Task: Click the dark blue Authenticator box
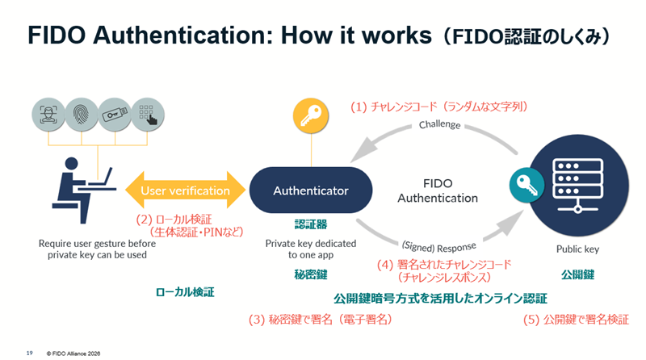[x=311, y=191]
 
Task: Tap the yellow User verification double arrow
[x=185, y=191]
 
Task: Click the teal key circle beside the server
[x=522, y=185]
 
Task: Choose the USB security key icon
[x=113, y=113]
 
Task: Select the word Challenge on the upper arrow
[x=439, y=125]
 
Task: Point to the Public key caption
[x=577, y=249]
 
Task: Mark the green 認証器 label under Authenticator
[x=310, y=224]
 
